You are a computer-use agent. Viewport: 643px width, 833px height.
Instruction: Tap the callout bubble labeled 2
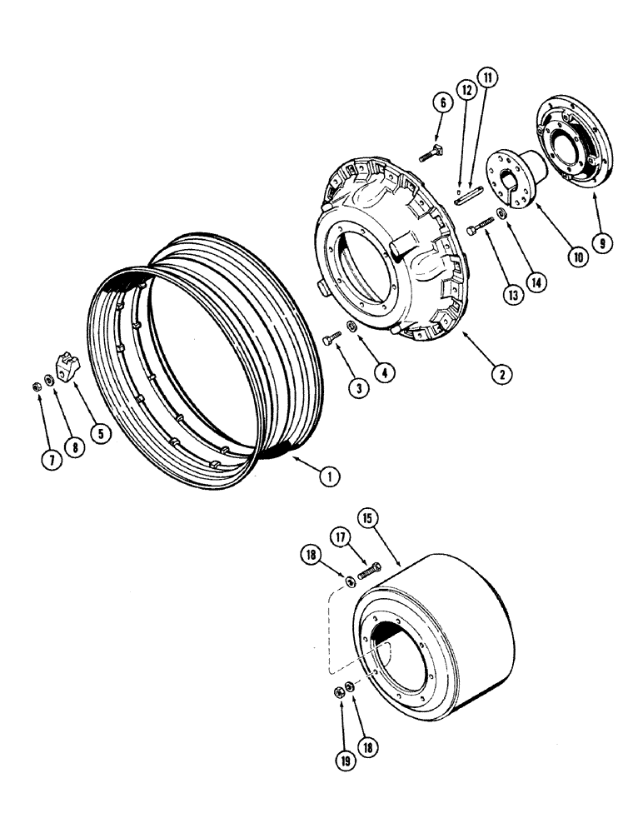click(x=500, y=375)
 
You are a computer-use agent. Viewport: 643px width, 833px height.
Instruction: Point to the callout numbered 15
click(x=369, y=518)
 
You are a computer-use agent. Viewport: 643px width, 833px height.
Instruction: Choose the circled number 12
click(x=466, y=88)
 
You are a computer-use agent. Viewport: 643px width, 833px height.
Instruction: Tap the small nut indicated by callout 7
click(x=38, y=385)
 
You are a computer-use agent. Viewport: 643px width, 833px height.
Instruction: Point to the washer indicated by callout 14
click(x=501, y=216)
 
